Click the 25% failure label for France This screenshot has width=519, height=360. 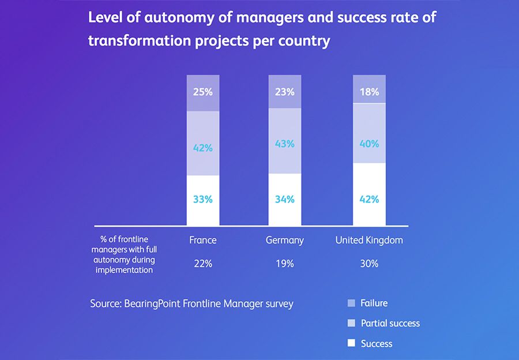pyautogui.click(x=203, y=91)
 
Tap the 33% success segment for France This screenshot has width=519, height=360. pyautogui.click(x=203, y=200)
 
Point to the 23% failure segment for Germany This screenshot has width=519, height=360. pyautogui.click(x=285, y=91)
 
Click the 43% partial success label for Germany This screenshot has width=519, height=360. pyautogui.click(x=285, y=144)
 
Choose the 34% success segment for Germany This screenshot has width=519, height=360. pyautogui.click(x=285, y=200)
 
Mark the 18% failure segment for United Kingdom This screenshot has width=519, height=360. pyautogui.click(x=369, y=91)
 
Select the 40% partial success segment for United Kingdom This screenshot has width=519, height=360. pyautogui.click(x=369, y=144)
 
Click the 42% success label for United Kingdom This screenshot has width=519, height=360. pyautogui.click(x=369, y=200)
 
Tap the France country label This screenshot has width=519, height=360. pyautogui.click(x=203, y=240)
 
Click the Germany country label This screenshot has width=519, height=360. pyautogui.click(x=285, y=240)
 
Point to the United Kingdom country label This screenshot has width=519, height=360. pyautogui.click(x=369, y=240)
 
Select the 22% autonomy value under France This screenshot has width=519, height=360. pyautogui.click(x=203, y=264)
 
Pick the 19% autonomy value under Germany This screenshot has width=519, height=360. pyautogui.click(x=285, y=264)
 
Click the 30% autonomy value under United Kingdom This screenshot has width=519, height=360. pyautogui.click(x=369, y=264)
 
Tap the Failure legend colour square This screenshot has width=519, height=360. pyautogui.click(x=351, y=303)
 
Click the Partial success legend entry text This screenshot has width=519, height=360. pyautogui.click(x=390, y=323)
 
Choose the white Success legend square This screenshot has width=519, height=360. pyautogui.click(x=351, y=343)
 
